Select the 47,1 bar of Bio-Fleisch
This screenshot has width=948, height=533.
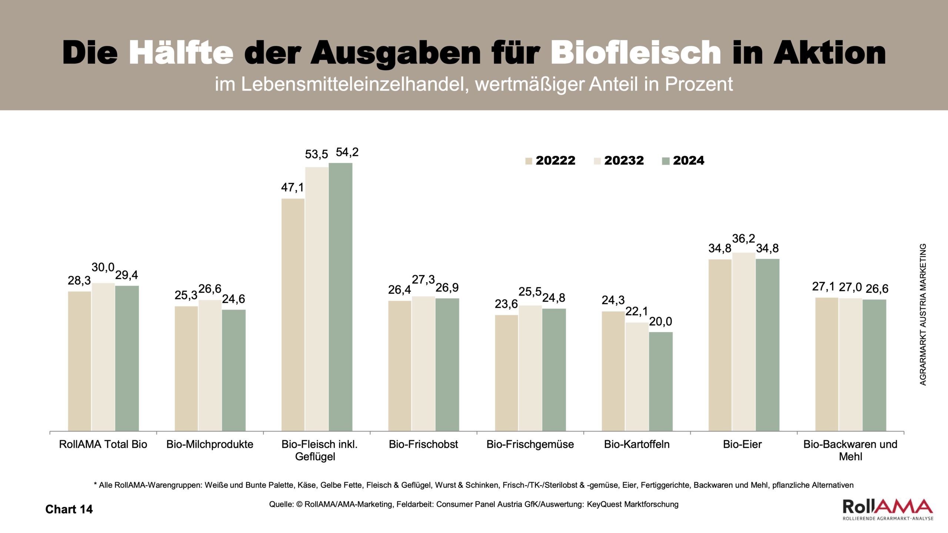tap(293, 315)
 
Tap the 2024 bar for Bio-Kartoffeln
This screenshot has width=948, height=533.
tap(661, 381)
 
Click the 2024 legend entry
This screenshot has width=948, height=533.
tap(683, 161)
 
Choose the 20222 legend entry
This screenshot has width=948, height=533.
tap(550, 161)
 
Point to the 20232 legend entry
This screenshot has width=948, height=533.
tap(619, 161)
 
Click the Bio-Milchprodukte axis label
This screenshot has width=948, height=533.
tap(210, 445)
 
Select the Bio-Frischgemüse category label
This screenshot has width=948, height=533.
tap(530, 445)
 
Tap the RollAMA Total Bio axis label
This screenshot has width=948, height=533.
tap(103, 445)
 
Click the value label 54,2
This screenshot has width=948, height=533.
tap(347, 152)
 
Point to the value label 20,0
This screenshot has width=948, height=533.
tap(660, 322)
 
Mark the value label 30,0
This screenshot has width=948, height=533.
tap(103, 267)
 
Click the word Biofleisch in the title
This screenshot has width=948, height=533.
tap(635, 53)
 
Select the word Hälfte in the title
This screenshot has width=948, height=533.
tap(181, 53)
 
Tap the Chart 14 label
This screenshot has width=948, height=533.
tap(69, 509)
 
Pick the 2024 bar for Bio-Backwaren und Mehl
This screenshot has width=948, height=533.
tap(874, 365)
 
